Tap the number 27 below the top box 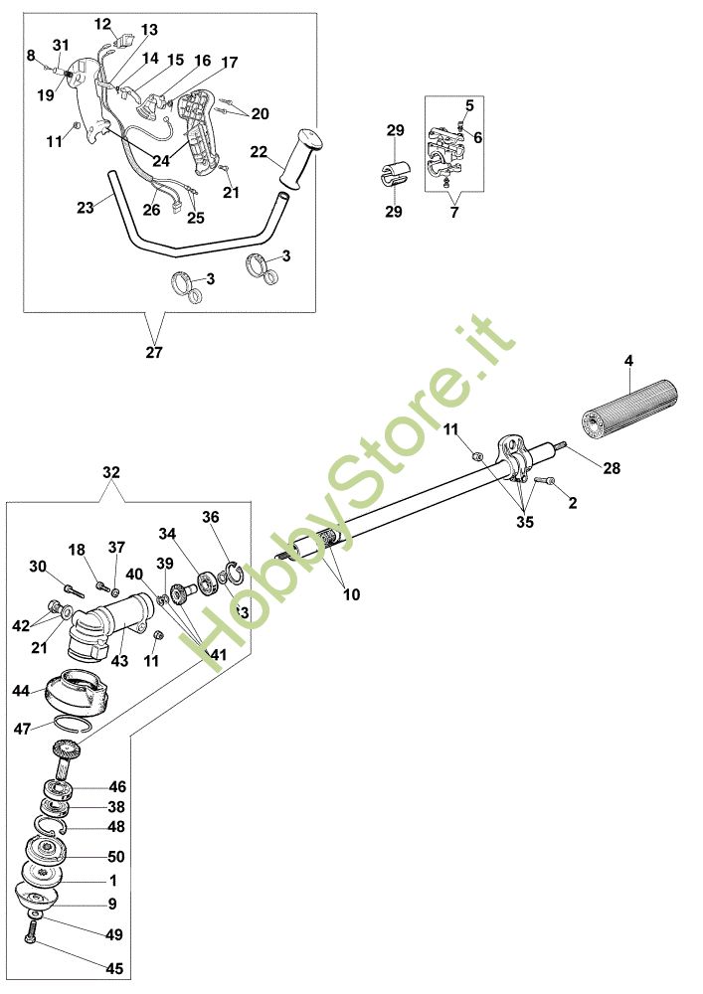pyautogui.click(x=153, y=352)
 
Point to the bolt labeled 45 pyautogui.click(x=30, y=934)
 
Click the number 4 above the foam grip pyautogui.click(x=629, y=360)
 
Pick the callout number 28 pyautogui.click(x=612, y=467)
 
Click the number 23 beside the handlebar pyautogui.click(x=86, y=209)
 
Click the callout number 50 pyautogui.click(x=115, y=856)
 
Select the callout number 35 pyautogui.click(x=524, y=521)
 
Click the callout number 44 pyautogui.click(x=20, y=690)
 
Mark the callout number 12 pyautogui.click(x=103, y=23)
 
